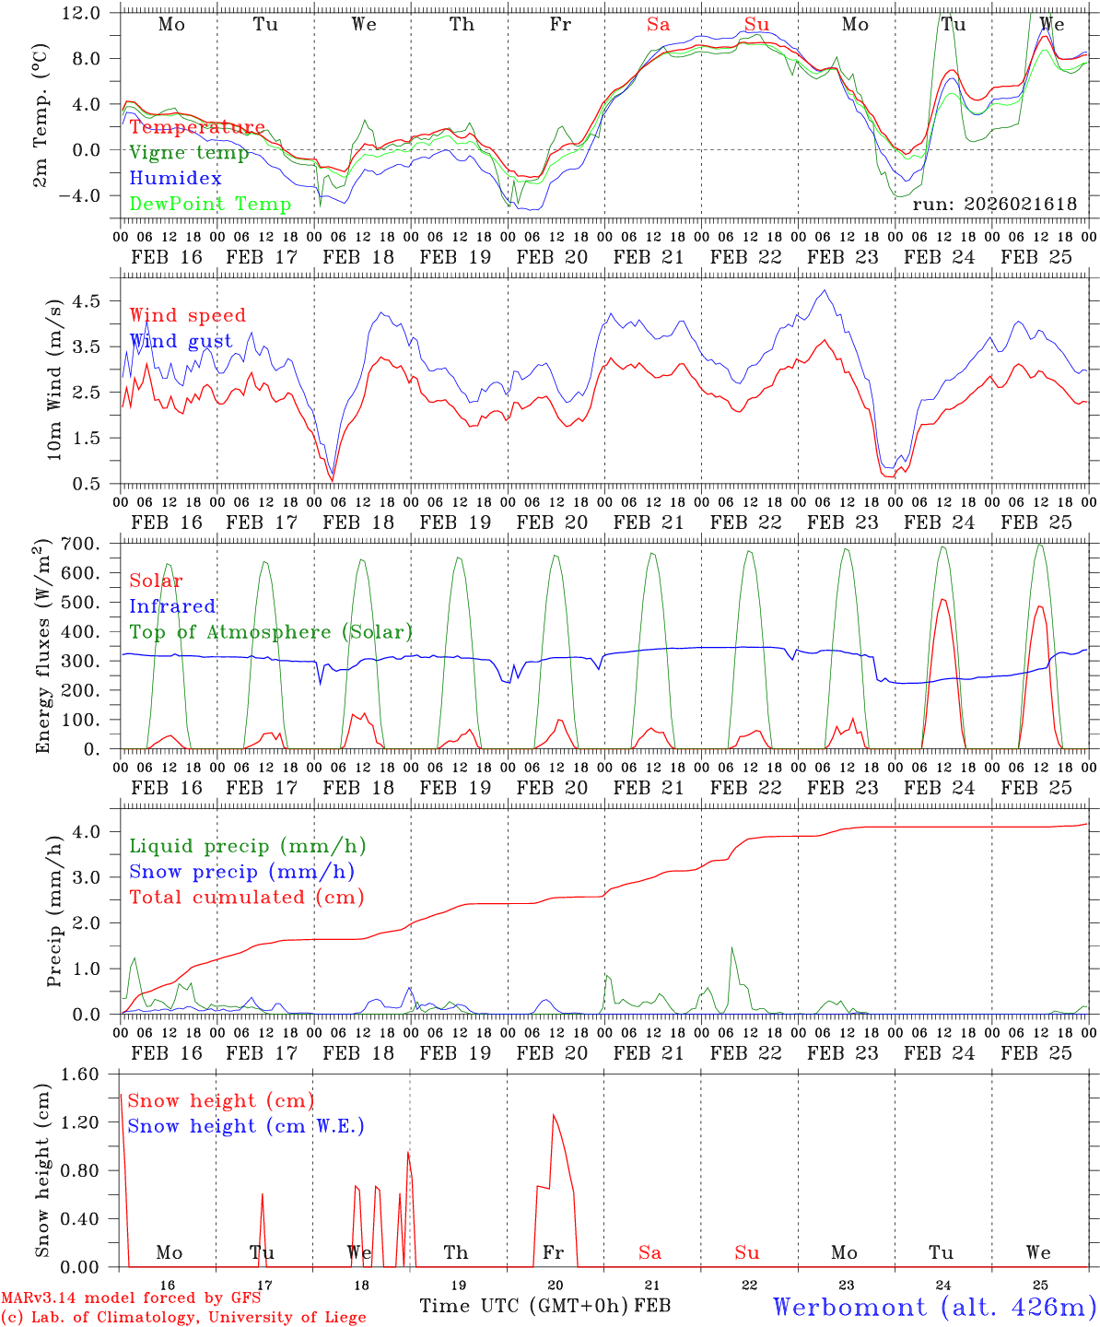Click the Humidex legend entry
coord(175,179)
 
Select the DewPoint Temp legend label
coord(210,205)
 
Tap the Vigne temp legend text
coord(189,153)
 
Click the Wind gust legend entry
coord(181,341)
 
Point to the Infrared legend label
coord(172,606)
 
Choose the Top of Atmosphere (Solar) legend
coord(270,632)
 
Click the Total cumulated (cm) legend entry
coord(246,897)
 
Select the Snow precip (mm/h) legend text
coord(241,872)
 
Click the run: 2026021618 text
coord(994,205)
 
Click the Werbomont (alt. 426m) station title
coord(933,1307)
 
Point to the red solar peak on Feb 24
coord(942,600)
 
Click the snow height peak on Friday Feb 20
coord(554,1115)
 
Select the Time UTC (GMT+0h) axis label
coord(524,1306)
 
